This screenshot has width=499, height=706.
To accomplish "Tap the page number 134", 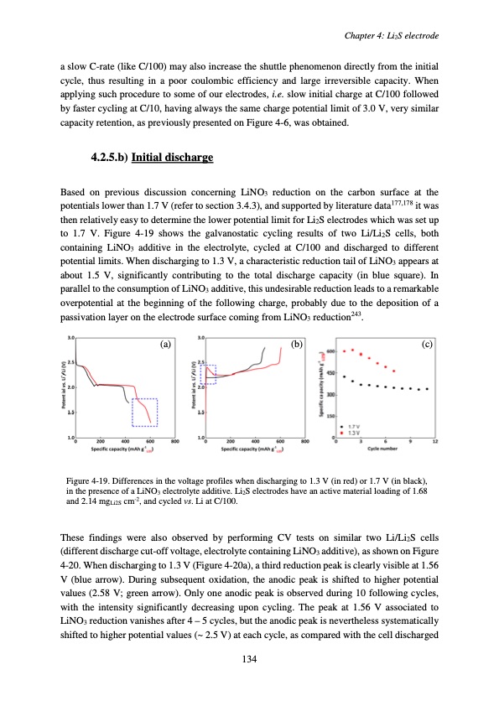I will pos(249,660).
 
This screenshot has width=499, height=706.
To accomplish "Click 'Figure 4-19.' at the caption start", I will pos(86,480).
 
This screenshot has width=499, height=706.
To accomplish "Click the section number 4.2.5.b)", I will pos(110,158).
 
